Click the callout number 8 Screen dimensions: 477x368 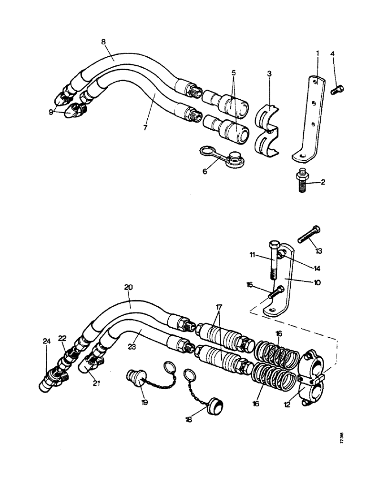(x=104, y=41)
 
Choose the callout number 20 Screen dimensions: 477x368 (x=128, y=288)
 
